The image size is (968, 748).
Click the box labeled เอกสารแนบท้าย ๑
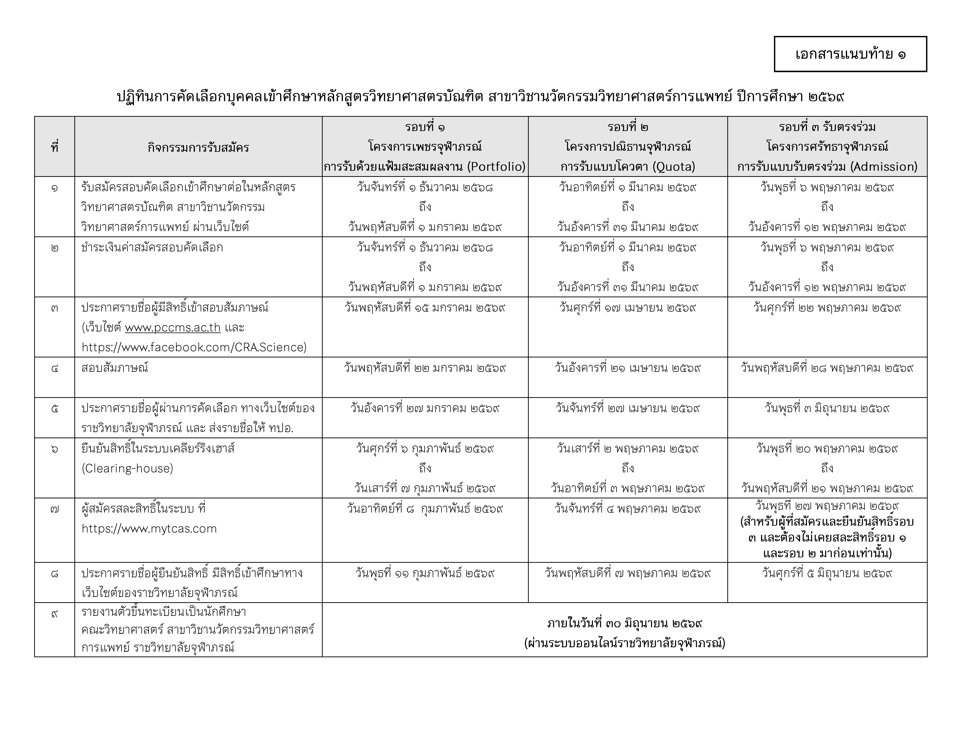coord(850,54)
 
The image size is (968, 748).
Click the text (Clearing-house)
coord(127,468)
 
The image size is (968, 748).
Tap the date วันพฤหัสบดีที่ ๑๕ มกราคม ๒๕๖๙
coord(425,308)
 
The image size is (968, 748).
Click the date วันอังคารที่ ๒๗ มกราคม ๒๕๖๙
coord(425,408)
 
